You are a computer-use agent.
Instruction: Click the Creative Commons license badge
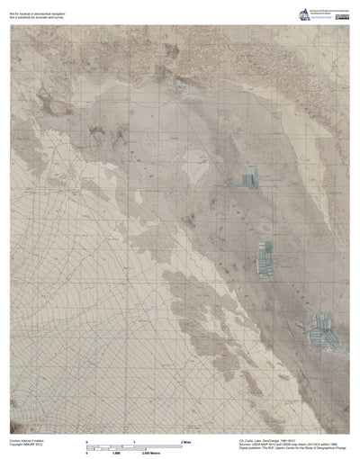tap(343, 16)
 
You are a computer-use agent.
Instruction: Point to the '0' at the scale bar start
tap(86, 443)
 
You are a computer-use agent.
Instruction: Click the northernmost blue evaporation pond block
tap(242, 180)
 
